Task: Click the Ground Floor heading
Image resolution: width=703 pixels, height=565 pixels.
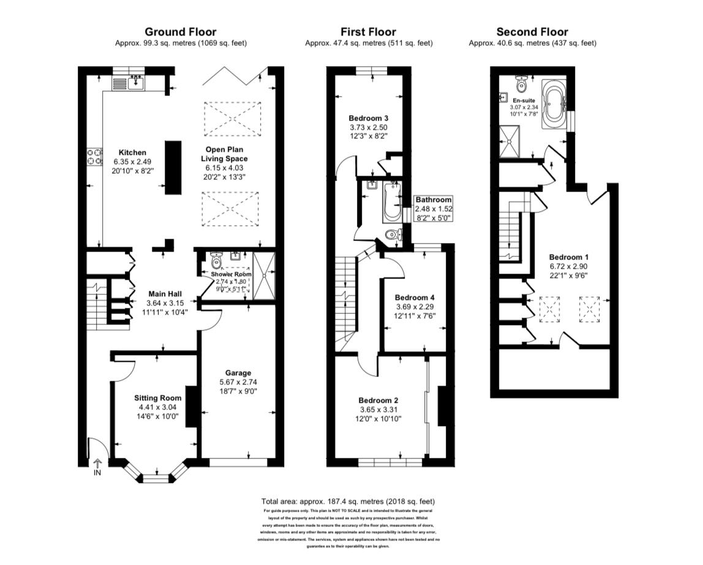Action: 180,32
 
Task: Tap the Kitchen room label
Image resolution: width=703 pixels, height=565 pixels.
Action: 132,152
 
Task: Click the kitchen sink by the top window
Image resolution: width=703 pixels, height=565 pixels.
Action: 135,82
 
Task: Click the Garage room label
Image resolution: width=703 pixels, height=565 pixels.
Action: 238,373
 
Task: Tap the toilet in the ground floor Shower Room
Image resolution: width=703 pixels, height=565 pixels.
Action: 216,258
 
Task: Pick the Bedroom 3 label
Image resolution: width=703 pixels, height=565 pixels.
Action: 369,118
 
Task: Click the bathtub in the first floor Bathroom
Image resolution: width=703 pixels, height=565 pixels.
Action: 388,201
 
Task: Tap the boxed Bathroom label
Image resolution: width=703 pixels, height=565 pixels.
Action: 434,200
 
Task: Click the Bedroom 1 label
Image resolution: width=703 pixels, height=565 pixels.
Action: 568,256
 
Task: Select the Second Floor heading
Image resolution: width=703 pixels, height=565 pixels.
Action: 532,32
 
